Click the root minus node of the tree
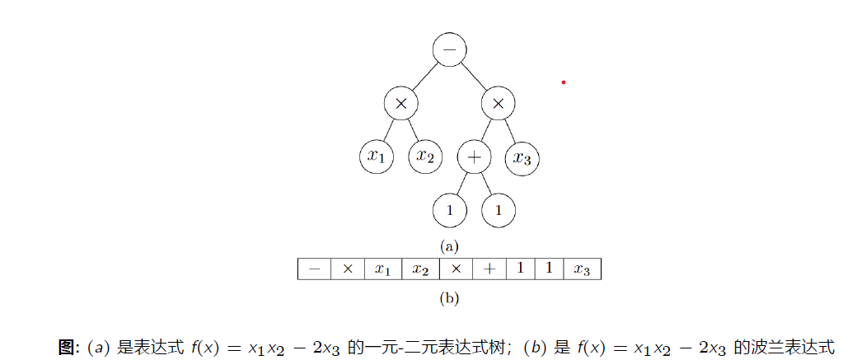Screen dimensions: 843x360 tap(449, 50)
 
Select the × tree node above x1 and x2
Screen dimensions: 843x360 tap(400, 104)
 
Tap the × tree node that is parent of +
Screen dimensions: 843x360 tap(498, 104)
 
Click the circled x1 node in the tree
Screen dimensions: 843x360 tap(376, 157)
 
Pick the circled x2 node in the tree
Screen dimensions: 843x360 tap(424, 157)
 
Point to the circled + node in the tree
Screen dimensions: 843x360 tap(474, 157)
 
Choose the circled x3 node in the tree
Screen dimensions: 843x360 tap(522, 157)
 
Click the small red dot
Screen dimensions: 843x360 tap(564, 82)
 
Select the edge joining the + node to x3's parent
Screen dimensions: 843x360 tap(486, 129)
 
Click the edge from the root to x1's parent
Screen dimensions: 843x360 tap(424, 77)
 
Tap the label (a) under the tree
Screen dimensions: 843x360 tap(449, 245)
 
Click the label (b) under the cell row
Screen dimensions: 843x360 tap(449, 298)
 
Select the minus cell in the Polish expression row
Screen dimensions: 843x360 tap(314, 270)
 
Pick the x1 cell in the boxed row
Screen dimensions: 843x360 tap(382, 270)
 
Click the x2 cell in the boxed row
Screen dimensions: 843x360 tap(420, 270)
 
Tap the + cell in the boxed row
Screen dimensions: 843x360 tap(489, 270)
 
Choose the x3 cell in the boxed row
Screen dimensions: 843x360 tap(582, 270)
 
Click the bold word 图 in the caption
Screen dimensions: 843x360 tap(66, 347)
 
